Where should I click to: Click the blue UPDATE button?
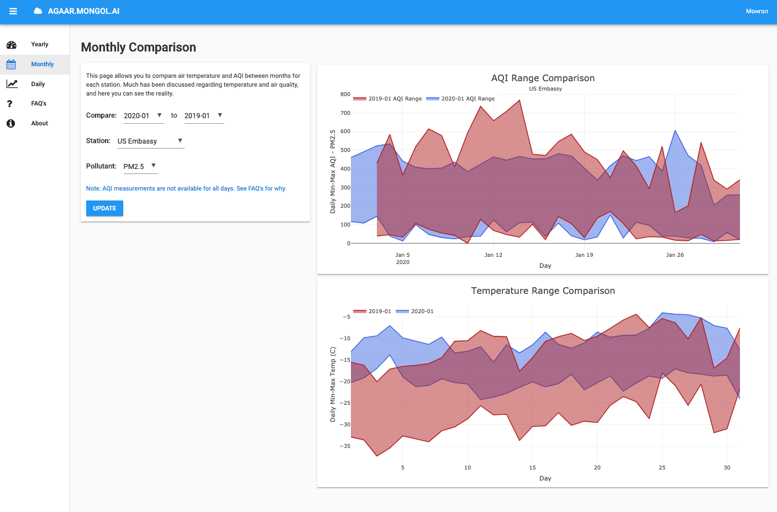[x=104, y=208]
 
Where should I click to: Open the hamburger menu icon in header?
[x=13, y=11]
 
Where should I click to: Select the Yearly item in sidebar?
[x=39, y=44]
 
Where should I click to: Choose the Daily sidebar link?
[x=38, y=84]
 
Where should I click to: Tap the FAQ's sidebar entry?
[x=39, y=103]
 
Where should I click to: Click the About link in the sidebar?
[x=39, y=123]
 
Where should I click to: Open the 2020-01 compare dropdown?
[x=143, y=115]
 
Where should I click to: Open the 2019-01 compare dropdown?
[x=204, y=115]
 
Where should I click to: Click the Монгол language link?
[x=757, y=11]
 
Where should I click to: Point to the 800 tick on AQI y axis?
[x=345, y=94]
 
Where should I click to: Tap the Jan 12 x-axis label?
[x=494, y=255]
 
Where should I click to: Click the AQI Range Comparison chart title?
[x=543, y=78]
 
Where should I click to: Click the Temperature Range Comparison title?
[x=543, y=291]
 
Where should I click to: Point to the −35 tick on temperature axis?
[x=345, y=446]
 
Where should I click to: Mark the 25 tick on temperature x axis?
[x=662, y=468]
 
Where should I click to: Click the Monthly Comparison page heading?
[x=138, y=47]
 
